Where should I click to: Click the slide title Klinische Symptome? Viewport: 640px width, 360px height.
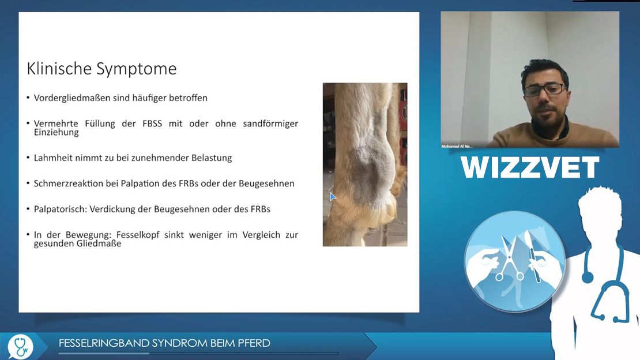click(101, 69)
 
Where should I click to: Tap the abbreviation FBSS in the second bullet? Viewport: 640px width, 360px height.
click(152, 123)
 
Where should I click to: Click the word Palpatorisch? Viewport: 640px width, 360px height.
click(61, 209)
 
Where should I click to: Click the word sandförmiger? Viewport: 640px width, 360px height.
click(270, 124)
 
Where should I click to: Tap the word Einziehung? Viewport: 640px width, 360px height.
click(57, 132)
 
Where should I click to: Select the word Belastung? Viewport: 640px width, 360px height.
click(212, 158)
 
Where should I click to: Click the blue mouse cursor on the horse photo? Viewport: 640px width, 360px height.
click(332, 197)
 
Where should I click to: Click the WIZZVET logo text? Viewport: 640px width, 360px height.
click(530, 167)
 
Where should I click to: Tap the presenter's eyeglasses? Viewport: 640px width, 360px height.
click(545, 89)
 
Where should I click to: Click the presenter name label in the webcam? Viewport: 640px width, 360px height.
click(457, 147)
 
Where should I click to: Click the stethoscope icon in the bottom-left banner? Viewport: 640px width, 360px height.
click(20, 347)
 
